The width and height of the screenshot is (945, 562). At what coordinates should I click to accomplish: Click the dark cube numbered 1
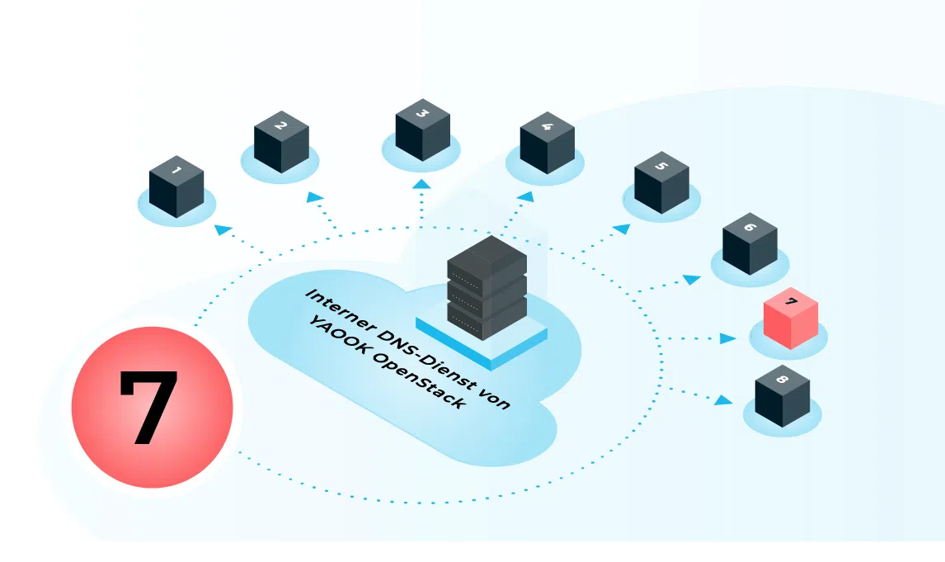tap(176, 187)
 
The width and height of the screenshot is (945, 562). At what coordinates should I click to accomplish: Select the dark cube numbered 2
tap(281, 142)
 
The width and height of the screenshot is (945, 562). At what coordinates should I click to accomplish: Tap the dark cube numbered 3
tap(423, 130)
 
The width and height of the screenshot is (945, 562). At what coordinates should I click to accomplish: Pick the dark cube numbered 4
tap(548, 143)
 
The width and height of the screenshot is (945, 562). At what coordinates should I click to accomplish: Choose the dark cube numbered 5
tap(661, 182)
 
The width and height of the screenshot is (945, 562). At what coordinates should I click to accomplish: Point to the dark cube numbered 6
tap(750, 243)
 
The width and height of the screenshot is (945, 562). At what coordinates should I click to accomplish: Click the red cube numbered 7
tap(791, 319)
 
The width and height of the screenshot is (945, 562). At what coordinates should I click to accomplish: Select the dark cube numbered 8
tap(783, 395)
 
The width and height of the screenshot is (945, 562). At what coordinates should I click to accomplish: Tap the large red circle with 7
tap(153, 407)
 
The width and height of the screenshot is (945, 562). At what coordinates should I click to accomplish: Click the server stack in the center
tap(487, 288)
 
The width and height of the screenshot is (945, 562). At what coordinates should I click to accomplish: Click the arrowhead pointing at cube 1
tap(223, 229)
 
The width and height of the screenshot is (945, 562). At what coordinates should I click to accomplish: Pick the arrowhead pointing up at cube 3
tap(422, 183)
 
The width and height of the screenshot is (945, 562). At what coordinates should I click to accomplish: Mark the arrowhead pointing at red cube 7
tap(728, 338)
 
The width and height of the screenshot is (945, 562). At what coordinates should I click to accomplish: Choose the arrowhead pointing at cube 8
tap(724, 399)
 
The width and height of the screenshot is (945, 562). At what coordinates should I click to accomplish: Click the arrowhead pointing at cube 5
tap(622, 229)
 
